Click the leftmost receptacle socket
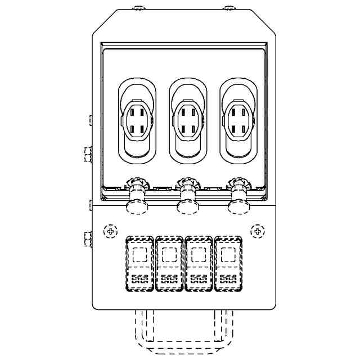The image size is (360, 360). point(136,120)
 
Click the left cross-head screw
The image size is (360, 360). point(111,231)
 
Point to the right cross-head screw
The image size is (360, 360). point(257,231)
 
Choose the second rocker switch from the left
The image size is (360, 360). point(169,264)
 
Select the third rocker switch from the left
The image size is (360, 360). point(199,264)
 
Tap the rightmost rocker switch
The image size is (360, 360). point(228,264)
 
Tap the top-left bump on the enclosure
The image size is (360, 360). point(139,8)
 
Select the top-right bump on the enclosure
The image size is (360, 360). point(228,8)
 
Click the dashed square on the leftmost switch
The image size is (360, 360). point(140,255)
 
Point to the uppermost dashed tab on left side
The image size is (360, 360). point(91,120)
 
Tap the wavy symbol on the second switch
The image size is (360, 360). point(169,279)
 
